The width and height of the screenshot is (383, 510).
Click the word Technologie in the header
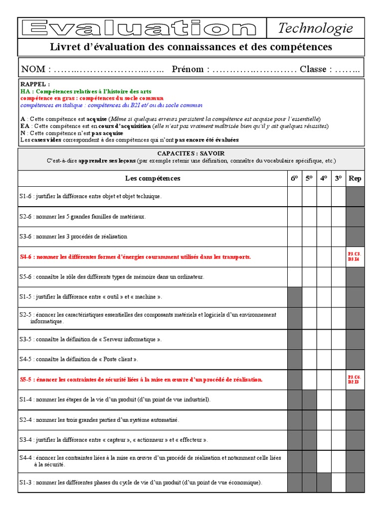[315, 28]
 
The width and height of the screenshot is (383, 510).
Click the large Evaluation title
[143, 28]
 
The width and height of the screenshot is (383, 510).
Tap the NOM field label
[33, 69]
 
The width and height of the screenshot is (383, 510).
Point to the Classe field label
[313, 69]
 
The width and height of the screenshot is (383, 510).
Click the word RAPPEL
[35, 85]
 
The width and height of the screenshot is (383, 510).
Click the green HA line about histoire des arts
[86, 92]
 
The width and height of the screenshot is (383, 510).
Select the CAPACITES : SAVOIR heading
[191, 154]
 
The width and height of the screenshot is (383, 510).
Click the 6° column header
[294, 178]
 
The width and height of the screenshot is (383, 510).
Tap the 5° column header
[309, 178]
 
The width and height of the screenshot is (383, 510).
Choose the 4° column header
[324, 178]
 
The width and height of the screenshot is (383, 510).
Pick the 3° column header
[339, 178]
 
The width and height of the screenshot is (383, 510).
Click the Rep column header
[355, 178]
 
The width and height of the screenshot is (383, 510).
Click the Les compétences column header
[153, 178]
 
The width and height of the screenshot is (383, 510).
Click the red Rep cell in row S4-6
[355, 256]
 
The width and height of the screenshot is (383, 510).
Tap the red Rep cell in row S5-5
[355, 380]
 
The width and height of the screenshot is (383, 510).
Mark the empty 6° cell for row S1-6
[294, 196]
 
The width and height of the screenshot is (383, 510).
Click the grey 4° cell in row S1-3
[324, 482]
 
